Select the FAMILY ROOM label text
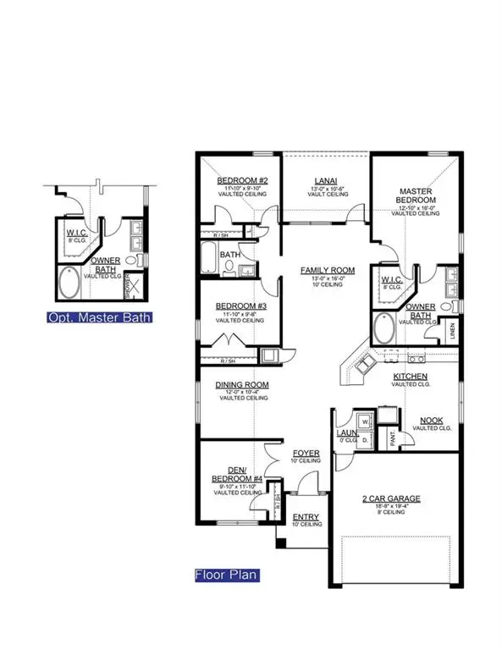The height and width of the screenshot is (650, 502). (327, 270)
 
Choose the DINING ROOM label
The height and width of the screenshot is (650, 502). (241, 384)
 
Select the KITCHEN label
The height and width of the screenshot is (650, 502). (409, 376)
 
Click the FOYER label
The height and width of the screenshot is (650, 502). (306, 454)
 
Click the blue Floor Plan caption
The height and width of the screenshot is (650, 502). (226, 575)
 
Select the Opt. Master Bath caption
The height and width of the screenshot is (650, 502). (96, 317)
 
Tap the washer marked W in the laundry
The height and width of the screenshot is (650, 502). (365, 421)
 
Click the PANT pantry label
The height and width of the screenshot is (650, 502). (393, 438)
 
